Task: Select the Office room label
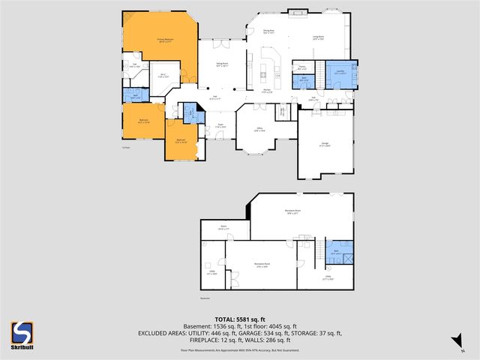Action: coord(259,129)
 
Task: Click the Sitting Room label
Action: coord(222,65)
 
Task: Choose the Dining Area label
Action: coord(268,31)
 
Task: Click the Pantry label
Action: coord(301,67)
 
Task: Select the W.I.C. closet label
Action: coord(163,74)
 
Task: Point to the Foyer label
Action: coord(220,125)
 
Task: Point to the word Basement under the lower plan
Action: coord(206,298)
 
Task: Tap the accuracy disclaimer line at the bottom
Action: coord(239,349)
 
